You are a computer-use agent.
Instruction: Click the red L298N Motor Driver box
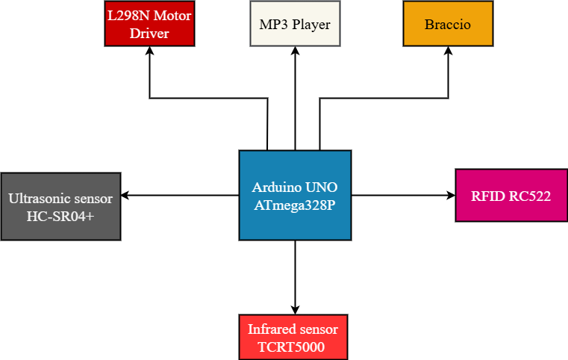[149, 24]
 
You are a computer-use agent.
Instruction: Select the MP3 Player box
[295, 24]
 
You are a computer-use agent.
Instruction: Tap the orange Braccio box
[448, 24]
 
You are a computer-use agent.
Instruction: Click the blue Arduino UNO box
[295, 195]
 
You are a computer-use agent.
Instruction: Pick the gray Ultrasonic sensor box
[60, 207]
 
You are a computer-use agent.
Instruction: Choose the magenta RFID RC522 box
[511, 196]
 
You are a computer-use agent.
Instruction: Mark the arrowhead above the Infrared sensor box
[295, 308]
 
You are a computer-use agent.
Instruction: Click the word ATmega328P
[295, 204]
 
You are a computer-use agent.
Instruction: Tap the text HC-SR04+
[60, 216]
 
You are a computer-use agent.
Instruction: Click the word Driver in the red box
[149, 34]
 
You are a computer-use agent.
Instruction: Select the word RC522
[531, 196]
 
